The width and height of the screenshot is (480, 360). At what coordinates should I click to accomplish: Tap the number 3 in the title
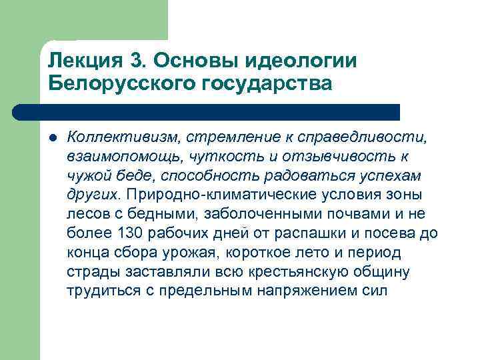point(137,59)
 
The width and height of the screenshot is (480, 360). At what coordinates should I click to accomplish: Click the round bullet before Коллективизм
point(53,137)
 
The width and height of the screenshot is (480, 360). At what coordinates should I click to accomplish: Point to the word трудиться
point(96,291)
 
